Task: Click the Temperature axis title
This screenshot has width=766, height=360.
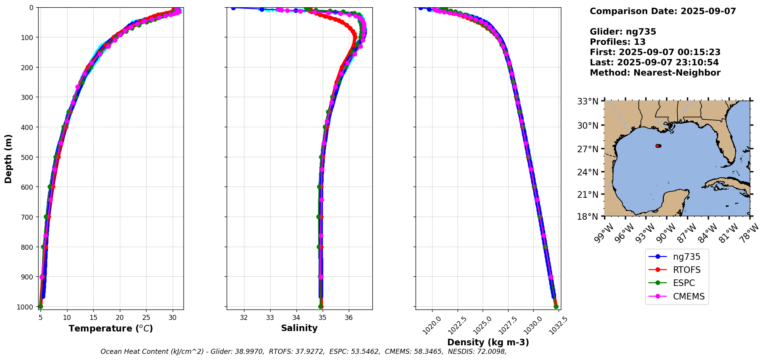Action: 111,328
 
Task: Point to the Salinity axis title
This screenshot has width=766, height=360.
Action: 299,328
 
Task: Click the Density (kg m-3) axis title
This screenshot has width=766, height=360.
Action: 488,342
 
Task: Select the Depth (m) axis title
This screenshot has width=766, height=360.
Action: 8,158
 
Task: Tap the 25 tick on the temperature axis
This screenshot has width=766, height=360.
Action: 146,318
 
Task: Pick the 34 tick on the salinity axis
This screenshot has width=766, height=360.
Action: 296,318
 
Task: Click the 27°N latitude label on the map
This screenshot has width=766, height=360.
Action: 588,149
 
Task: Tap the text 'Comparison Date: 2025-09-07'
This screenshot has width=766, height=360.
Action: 663,11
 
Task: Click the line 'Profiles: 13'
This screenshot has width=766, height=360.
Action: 618,42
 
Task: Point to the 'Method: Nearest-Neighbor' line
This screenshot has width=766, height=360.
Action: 655,73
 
